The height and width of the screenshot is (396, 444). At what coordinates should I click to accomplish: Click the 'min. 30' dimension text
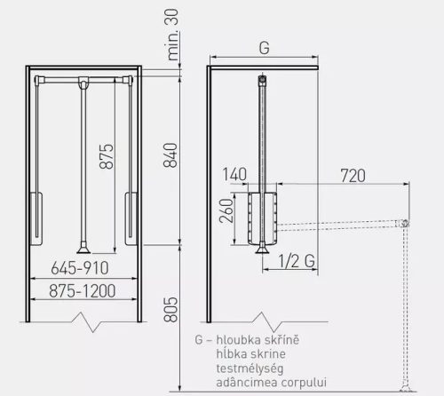[x=172, y=35]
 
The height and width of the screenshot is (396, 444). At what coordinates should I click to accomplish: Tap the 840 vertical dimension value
[x=170, y=155]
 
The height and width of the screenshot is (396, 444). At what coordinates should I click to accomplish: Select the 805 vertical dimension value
[x=170, y=309]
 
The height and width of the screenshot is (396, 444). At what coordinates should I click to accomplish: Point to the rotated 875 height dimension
[x=107, y=156]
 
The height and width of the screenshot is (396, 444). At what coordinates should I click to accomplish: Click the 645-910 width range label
[x=80, y=268]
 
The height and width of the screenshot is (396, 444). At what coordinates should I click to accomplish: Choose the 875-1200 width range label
[x=82, y=290]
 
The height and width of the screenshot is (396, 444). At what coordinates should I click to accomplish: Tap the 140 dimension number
[x=234, y=174]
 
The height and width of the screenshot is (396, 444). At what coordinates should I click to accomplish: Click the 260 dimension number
[x=226, y=210]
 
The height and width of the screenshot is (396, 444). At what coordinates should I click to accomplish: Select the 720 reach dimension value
[x=353, y=176]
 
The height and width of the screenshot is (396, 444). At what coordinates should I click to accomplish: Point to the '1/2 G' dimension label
[x=297, y=261]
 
